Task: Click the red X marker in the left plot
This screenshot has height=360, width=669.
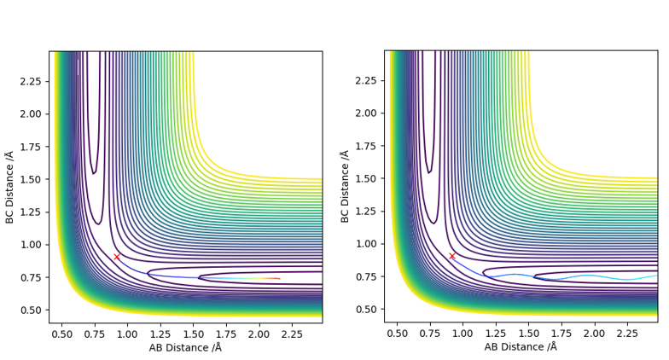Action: tap(117, 256)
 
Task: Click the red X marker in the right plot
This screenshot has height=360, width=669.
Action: tap(452, 256)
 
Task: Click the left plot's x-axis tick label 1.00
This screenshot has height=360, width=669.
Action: tap(127, 333)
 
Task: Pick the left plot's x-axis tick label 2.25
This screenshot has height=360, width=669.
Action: tap(292, 333)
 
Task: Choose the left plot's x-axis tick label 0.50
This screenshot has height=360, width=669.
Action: tap(61, 333)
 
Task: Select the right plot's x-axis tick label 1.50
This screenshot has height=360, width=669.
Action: tap(528, 333)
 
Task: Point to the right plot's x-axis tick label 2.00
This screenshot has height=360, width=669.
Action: tap(594, 333)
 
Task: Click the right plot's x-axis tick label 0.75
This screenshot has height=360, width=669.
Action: tap(429, 333)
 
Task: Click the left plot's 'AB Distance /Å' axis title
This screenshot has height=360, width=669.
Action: tap(185, 347)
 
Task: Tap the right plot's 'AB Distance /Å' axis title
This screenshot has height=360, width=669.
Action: tap(521, 347)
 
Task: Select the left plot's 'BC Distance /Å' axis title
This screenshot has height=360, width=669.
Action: tap(9, 187)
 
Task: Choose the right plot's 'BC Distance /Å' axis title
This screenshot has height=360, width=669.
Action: tap(345, 187)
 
